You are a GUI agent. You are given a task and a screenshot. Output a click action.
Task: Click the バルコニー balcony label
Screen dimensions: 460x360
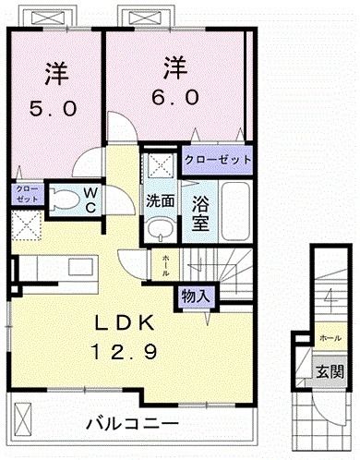(x=134, y=424)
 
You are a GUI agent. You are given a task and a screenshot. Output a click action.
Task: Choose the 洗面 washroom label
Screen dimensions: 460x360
(x=160, y=200)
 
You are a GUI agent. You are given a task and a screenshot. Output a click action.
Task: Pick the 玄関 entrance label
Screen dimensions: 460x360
(x=331, y=372)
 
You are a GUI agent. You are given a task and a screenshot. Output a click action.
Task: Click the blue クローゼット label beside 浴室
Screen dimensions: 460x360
(x=219, y=160)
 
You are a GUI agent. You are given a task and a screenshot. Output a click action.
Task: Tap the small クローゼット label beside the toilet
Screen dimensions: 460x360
(x=26, y=195)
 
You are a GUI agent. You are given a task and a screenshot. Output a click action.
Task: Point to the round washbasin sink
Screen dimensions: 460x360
(x=160, y=229)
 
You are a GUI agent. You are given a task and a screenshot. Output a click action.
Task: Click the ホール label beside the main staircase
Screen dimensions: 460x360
(x=165, y=265)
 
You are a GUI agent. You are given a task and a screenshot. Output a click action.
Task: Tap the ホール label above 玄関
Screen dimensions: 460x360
(x=330, y=339)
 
